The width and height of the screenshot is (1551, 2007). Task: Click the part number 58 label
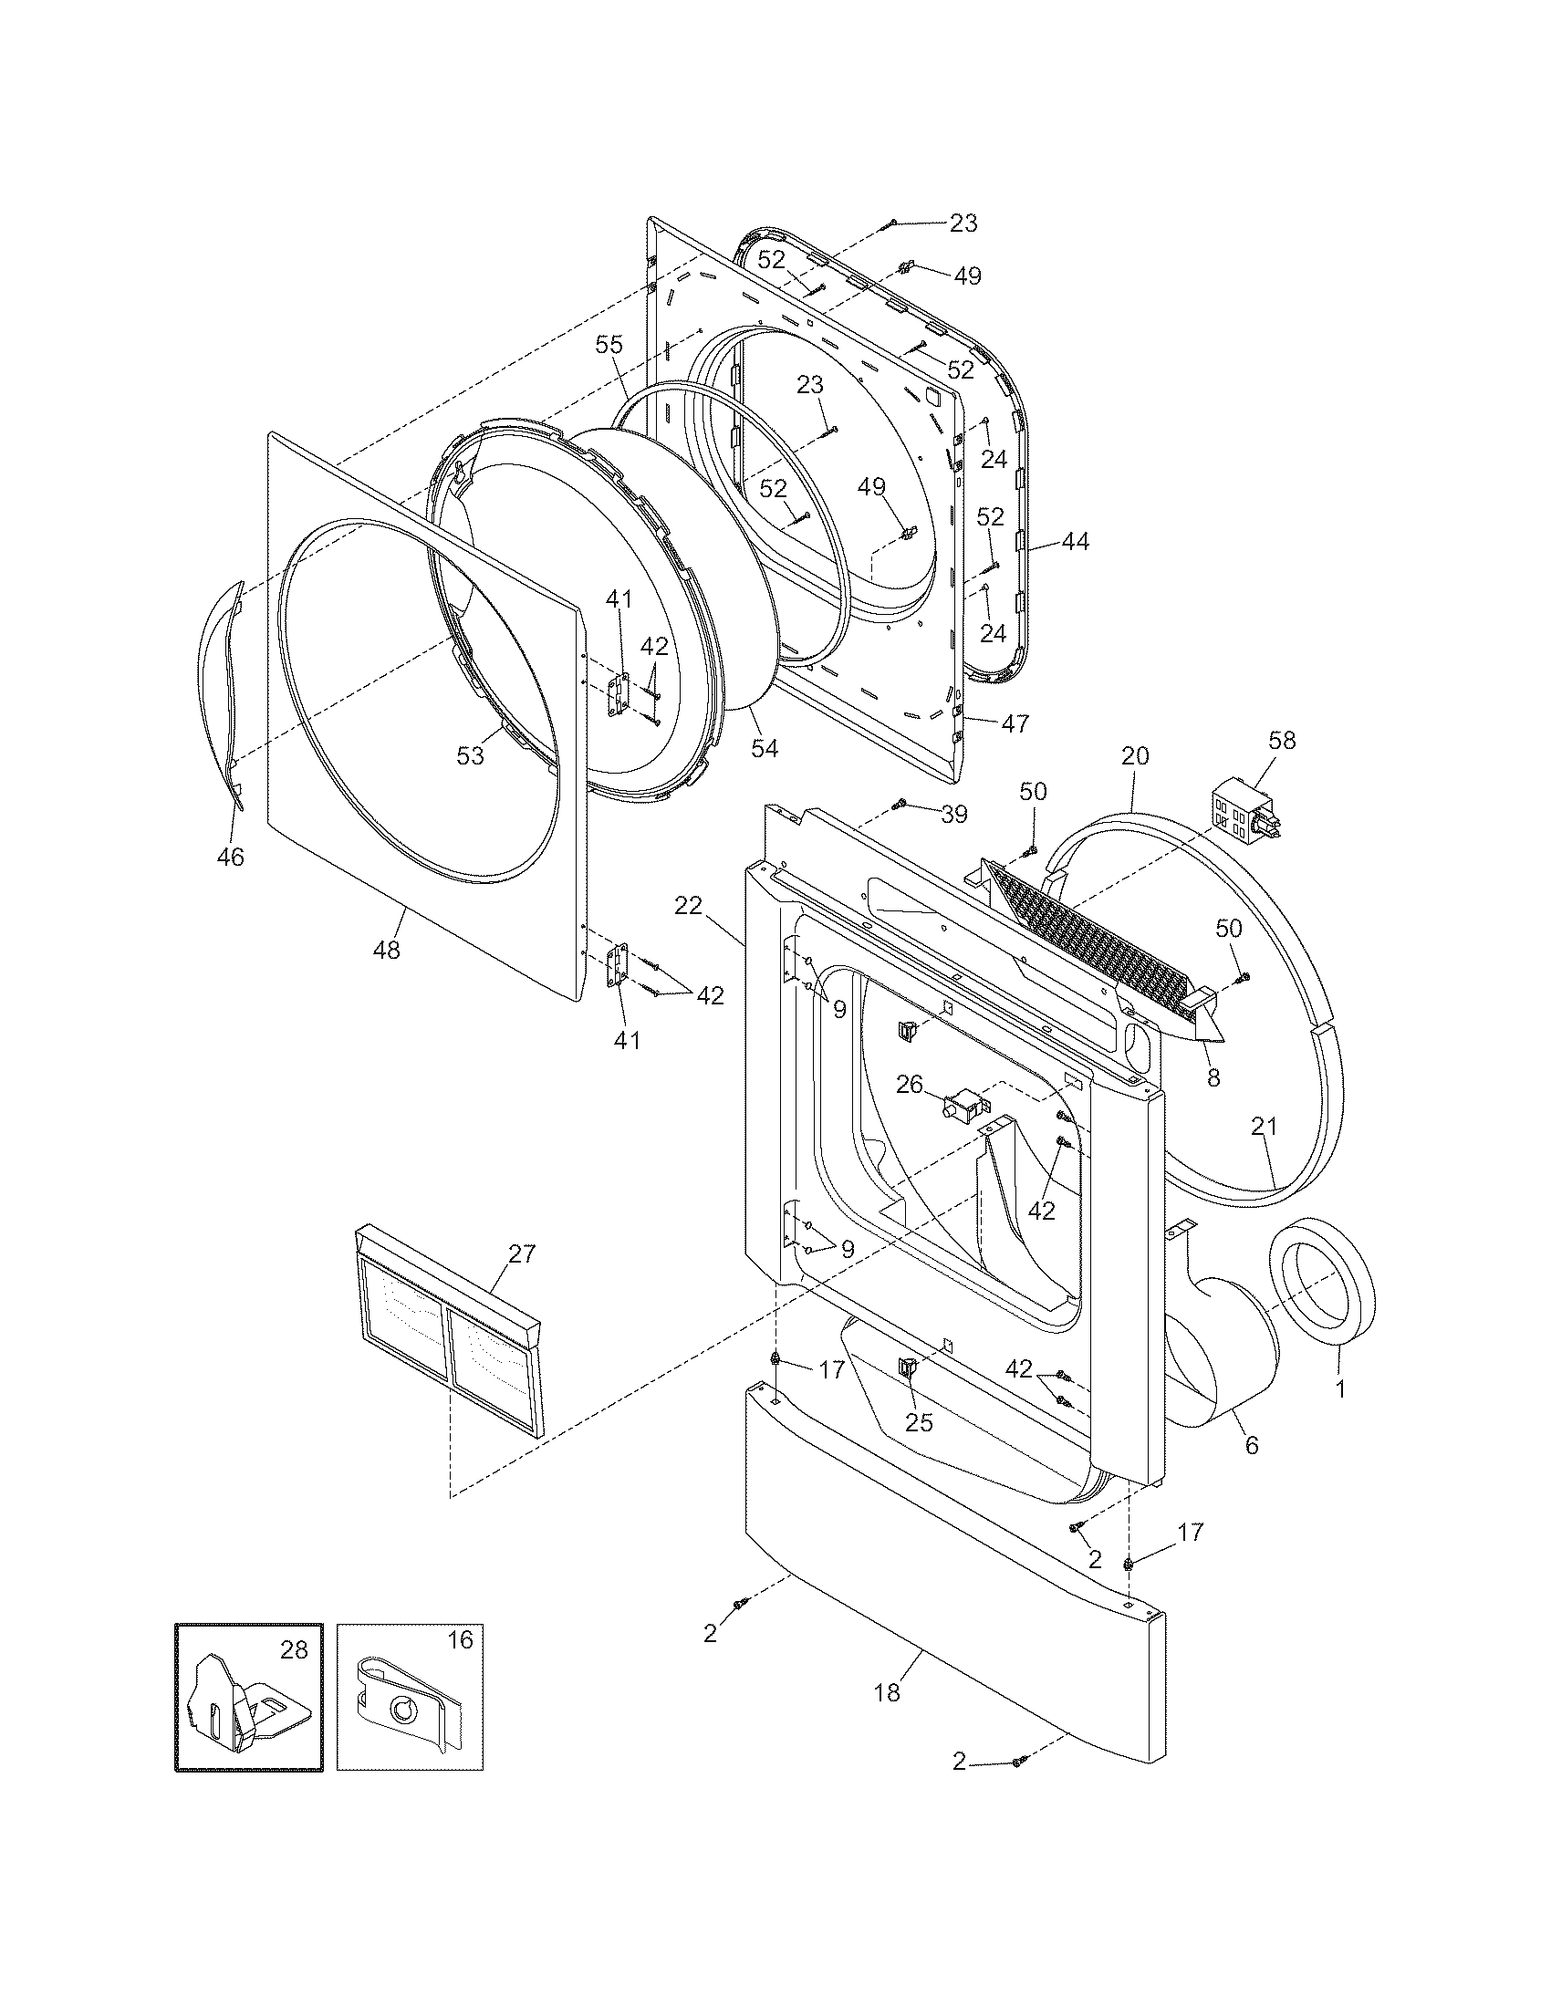1282,740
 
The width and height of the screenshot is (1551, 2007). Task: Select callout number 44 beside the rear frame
1075,542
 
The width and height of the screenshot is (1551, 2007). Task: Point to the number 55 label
609,345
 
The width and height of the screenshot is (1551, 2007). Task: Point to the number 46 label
230,857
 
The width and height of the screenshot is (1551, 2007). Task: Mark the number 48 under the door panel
387,950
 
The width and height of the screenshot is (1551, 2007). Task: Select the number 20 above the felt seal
1135,755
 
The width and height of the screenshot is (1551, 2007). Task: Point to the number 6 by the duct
1252,1446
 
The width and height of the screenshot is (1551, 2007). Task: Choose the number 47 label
1015,723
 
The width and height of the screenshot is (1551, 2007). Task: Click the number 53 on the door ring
470,755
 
